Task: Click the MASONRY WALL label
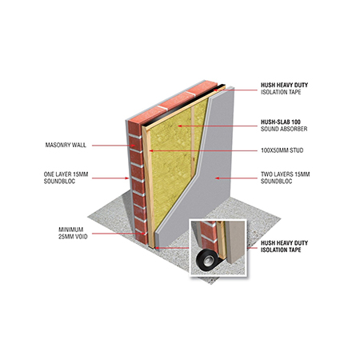point(66,145)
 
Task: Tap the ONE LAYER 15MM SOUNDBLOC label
point(66,178)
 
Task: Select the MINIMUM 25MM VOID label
point(73,233)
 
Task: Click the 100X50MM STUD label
point(282,150)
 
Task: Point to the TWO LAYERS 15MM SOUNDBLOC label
point(285,178)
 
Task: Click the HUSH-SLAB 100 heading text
point(281,122)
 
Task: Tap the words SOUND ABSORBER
point(284,129)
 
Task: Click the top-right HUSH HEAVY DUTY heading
point(284,85)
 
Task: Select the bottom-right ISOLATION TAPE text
point(281,250)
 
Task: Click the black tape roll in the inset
point(207,260)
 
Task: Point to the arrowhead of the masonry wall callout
point(133,146)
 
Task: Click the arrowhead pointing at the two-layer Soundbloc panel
point(218,178)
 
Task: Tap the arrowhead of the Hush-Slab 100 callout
point(180,126)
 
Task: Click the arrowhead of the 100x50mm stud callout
point(151,150)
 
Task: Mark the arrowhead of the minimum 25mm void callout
point(145,234)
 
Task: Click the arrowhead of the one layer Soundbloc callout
point(127,178)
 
